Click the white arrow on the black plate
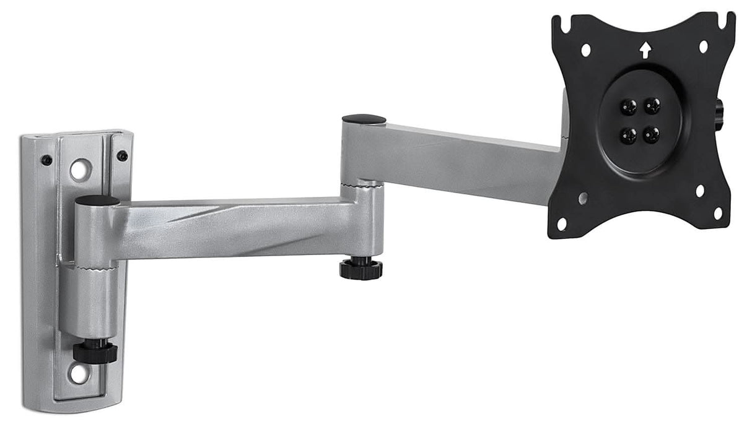[645, 50]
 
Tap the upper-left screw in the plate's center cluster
[628, 107]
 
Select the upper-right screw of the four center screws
[651, 106]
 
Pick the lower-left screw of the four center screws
[628, 135]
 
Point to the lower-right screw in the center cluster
[651, 134]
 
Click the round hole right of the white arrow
[704, 46]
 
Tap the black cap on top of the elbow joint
[364, 119]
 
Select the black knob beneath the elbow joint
[361, 269]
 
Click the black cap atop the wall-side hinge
[97, 201]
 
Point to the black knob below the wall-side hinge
[95, 352]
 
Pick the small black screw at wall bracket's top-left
[46, 160]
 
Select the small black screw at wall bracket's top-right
[123, 156]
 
